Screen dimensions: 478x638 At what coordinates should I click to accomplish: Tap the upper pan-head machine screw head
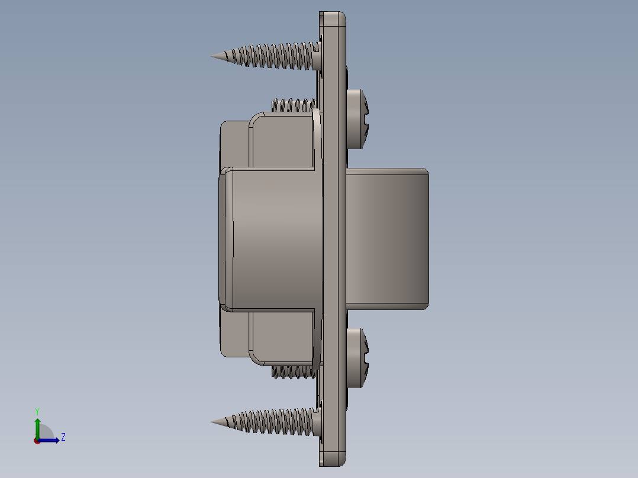point(356,118)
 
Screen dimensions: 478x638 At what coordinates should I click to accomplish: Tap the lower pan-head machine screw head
point(356,358)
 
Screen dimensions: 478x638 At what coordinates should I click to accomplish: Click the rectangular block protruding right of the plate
point(388,238)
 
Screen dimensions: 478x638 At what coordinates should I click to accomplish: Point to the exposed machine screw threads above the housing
point(293,106)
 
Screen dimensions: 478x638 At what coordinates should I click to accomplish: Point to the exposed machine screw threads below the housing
point(293,372)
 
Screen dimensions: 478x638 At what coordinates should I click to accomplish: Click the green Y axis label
point(37,411)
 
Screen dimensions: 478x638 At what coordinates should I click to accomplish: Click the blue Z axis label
point(63,437)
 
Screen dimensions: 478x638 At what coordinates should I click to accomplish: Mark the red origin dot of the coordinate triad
point(37,441)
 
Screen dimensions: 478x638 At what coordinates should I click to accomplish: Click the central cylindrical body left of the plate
point(272,238)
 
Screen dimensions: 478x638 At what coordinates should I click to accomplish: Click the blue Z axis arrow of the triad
point(51,440)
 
